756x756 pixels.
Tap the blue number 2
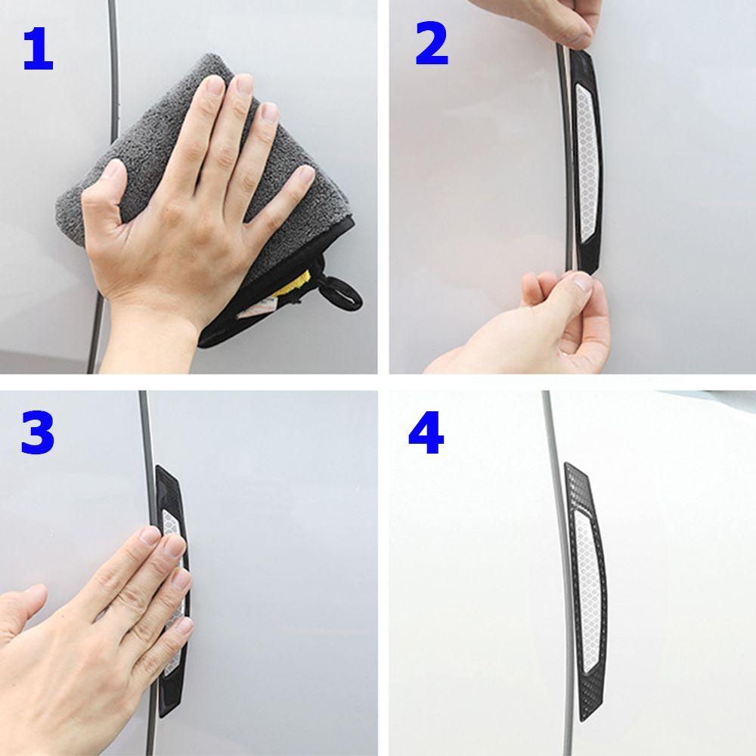[x=432, y=45]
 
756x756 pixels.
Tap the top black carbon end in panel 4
[x=576, y=484]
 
